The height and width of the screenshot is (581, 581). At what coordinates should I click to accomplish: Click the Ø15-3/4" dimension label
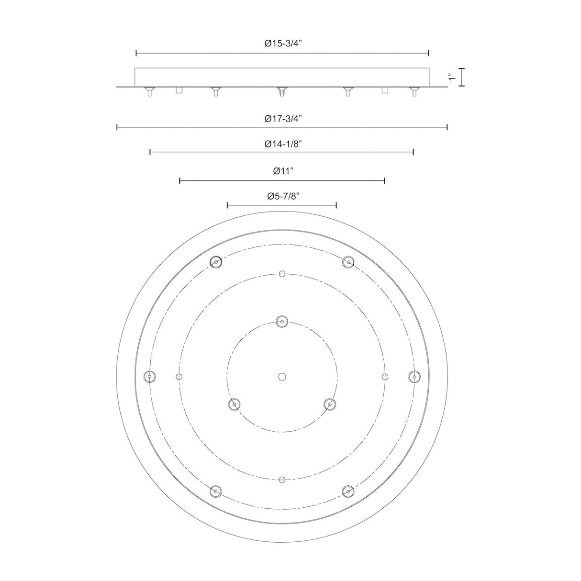[283, 44]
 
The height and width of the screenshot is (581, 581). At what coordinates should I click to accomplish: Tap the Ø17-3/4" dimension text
[283, 119]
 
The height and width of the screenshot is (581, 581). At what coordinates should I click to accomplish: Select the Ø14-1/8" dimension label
[283, 144]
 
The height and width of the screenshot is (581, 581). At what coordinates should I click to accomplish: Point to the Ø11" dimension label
[283, 171]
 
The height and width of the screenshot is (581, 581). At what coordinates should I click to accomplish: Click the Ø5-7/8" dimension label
[283, 196]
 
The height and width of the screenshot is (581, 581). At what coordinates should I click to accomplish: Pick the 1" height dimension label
[451, 77]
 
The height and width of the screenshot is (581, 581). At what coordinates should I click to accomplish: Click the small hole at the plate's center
[282, 377]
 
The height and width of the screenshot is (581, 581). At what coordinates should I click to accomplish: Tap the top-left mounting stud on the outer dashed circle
[216, 262]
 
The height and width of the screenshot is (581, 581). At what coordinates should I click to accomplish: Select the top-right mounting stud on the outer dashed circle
[348, 262]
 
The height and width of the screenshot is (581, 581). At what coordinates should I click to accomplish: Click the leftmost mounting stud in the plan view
[149, 377]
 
